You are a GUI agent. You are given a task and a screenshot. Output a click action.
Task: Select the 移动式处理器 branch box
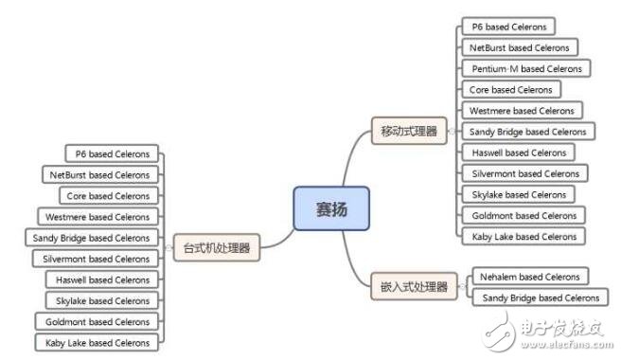coord(409,132)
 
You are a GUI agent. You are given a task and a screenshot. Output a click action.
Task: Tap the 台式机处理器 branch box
coord(217,249)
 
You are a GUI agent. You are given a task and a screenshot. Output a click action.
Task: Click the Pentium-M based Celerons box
coord(527,68)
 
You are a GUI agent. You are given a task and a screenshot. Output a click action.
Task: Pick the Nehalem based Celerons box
coord(528,277)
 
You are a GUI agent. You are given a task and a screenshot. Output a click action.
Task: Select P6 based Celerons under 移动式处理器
coord(508,27)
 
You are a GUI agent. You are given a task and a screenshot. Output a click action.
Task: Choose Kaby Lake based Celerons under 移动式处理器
coord(523,236)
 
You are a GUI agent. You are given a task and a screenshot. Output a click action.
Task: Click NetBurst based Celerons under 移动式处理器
coord(520,47)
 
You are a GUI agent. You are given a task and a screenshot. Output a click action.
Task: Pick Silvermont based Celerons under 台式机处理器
coord(97,259)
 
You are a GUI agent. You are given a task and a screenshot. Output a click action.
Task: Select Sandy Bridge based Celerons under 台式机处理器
coord(92,238)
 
